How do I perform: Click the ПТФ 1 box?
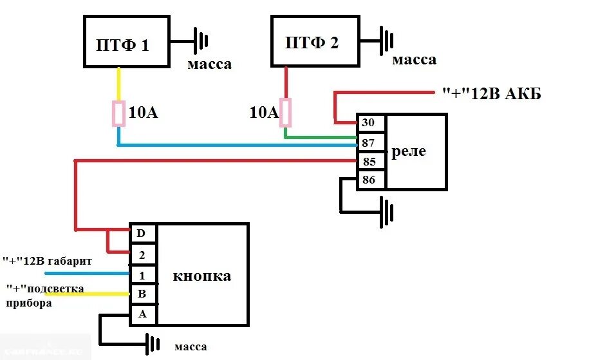(x=126, y=42)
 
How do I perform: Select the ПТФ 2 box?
(x=315, y=41)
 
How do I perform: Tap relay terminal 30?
(x=370, y=122)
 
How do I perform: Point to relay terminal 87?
(x=370, y=142)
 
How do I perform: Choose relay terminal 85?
(x=370, y=161)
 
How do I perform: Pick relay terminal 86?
(x=370, y=180)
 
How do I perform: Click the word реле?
(x=409, y=152)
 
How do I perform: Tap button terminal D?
(x=142, y=233)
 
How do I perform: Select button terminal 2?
(x=142, y=254)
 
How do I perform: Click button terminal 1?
(x=142, y=275)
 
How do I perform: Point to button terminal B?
(x=142, y=295)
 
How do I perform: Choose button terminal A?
(x=142, y=315)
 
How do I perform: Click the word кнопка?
(x=201, y=276)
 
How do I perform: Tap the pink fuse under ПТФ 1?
(x=118, y=114)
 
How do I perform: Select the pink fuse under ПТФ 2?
(x=285, y=113)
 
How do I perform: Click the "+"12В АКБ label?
(x=492, y=95)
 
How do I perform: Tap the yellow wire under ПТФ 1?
(x=118, y=84)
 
